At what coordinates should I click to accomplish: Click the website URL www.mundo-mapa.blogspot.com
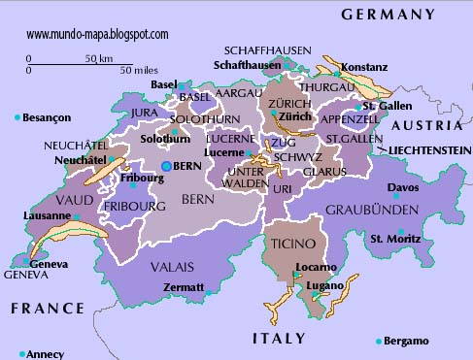[97, 34]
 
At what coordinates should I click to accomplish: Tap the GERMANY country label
[388, 15]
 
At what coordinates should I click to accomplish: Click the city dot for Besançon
[17, 117]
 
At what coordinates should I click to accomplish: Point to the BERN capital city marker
[166, 167]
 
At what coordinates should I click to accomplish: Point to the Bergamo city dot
[379, 342]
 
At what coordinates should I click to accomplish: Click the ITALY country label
[280, 339]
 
